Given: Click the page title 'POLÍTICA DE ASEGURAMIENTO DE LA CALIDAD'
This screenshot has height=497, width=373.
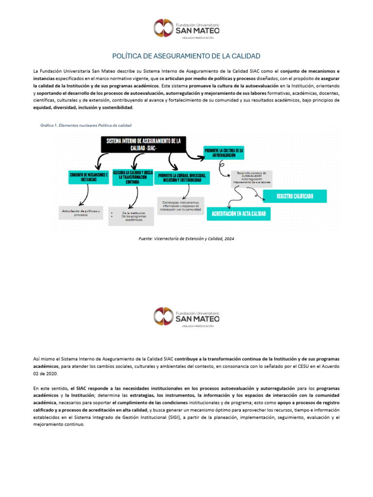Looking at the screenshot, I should [x=186, y=56].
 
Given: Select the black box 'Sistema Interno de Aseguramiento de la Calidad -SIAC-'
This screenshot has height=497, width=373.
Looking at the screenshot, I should [x=144, y=144].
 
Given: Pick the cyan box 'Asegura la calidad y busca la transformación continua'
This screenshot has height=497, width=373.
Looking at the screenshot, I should [x=133, y=177].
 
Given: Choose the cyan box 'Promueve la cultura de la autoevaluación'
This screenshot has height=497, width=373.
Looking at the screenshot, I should [x=224, y=153].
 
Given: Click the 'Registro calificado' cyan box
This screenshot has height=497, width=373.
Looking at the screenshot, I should [x=295, y=196].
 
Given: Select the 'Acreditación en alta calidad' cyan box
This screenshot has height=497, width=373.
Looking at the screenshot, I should [x=239, y=214].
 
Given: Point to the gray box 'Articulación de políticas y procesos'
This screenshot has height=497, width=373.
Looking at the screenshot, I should [x=80, y=213].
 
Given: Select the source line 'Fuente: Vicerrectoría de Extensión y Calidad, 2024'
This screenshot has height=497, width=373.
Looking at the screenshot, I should [x=186, y=239].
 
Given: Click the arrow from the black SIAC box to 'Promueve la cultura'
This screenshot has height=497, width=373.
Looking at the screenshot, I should [x=194, y=156].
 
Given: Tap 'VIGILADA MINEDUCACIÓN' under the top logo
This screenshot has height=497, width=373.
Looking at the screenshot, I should [x=198, y=37].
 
